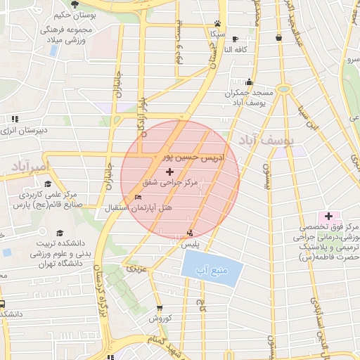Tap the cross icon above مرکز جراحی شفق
(x=169, y=172)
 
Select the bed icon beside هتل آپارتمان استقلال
(x=138, y=197)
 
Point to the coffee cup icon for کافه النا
(x=234, y=39)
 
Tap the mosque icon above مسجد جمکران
(x=249, y=82)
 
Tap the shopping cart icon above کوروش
(x=160, y=307)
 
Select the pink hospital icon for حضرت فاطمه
(x=328, y=216)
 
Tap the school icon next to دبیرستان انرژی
(x=14, y=119)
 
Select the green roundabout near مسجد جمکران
(x=283, y=89)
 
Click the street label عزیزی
(x=134, y=269)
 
